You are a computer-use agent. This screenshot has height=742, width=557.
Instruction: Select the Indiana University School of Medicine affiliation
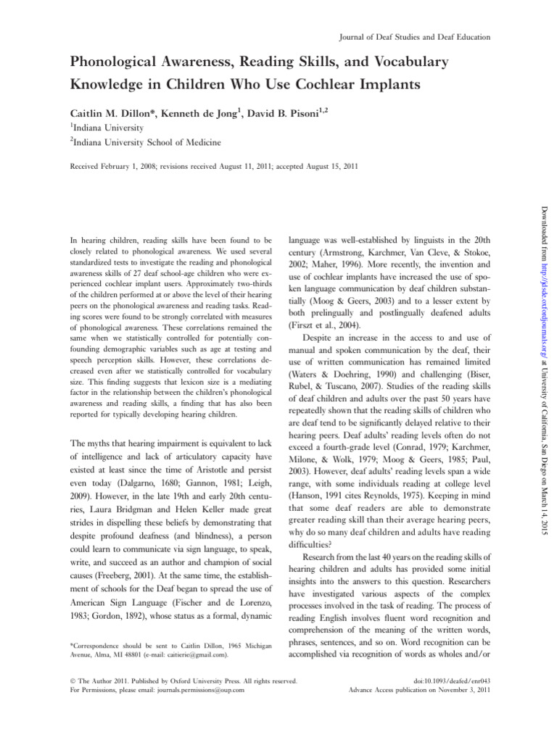[146, 143]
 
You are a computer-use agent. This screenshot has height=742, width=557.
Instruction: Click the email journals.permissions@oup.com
[198, 689]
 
